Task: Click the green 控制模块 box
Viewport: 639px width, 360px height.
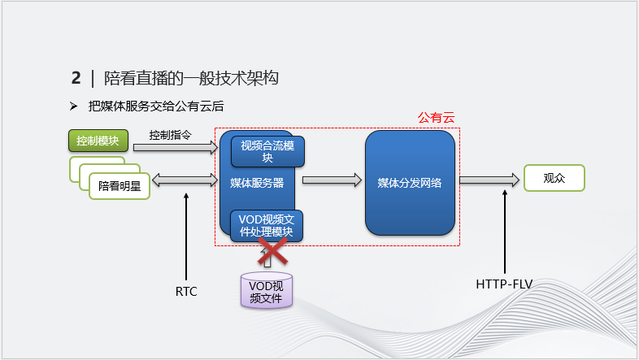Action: (98, 141)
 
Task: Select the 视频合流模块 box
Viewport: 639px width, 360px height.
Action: (267, 151)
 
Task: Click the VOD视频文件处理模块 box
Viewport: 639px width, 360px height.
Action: (267, 226)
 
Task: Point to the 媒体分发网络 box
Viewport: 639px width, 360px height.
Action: (409, 183)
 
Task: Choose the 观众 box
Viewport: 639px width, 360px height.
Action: (554, 178)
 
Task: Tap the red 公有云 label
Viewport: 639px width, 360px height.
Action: (436, 118)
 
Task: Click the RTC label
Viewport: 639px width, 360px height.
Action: (187, 290)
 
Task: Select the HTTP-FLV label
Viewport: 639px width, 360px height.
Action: (504, 284)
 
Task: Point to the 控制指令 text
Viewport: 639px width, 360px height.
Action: (170, 135)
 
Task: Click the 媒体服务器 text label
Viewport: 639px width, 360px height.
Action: (257, 184)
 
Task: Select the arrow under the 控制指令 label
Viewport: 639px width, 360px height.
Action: (176, 148)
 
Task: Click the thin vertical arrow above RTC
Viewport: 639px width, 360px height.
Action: (187, 236)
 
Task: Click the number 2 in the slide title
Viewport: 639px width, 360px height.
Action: (76, 78)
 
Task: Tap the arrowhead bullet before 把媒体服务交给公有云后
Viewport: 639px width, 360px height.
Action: (73, 106)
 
